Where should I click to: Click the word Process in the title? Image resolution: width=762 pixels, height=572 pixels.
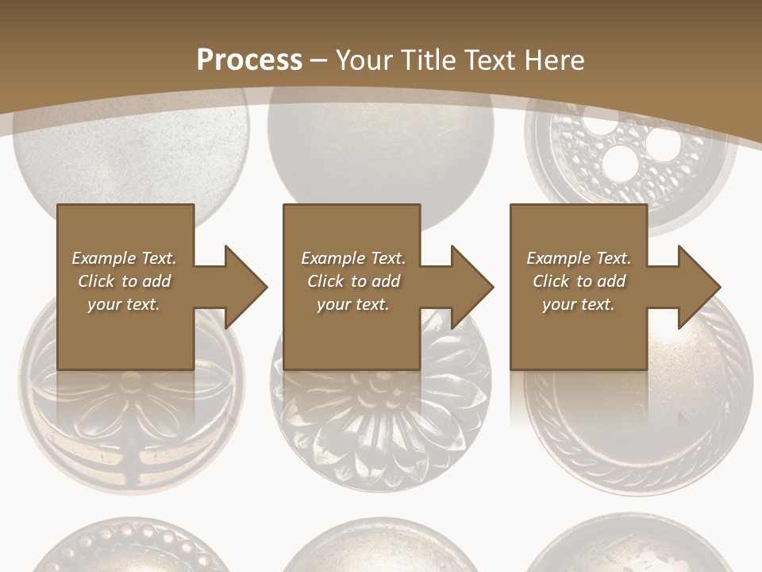click(249, 60)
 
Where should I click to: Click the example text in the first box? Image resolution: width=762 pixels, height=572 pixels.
click(125, 281)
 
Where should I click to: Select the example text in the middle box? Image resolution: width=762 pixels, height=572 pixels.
click(353, 281)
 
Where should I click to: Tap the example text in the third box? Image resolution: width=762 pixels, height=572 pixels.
click(579, 281)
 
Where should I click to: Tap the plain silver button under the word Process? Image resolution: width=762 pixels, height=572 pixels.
click(131, 159)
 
